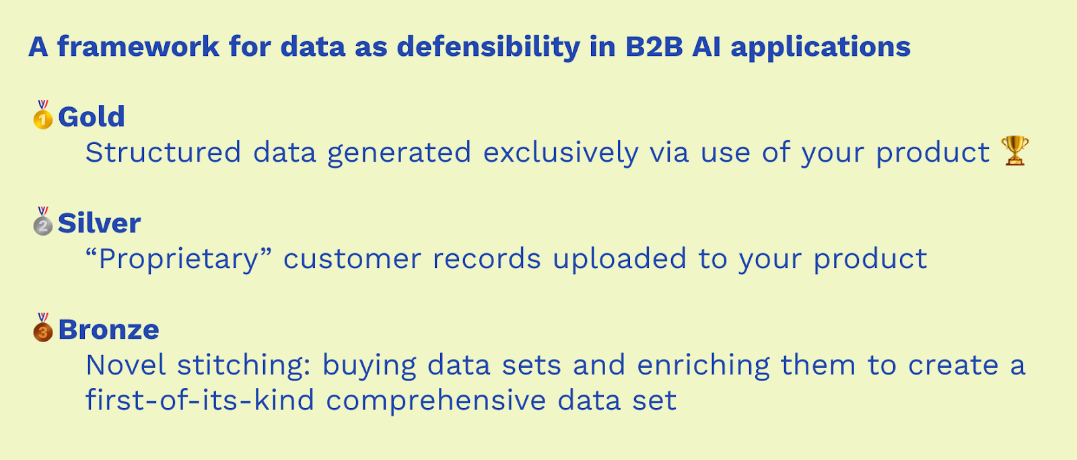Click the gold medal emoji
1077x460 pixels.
point(43,114)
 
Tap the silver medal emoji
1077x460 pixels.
point(43,221)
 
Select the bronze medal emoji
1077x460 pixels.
point(43,327)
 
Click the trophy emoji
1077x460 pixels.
point(1014,151)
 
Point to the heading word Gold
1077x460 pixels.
point(92,117)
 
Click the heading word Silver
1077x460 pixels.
point(99,223)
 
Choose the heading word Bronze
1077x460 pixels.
point(108,329)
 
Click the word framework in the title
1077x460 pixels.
point(139,46)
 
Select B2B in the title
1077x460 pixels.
point(654,47)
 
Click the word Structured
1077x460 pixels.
point(163,152)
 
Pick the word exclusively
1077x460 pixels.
point(561,153)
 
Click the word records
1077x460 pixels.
point(487,259)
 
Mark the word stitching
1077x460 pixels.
point(244,366)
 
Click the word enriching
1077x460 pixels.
point(703,366)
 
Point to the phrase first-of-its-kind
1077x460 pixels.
point(199,400)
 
